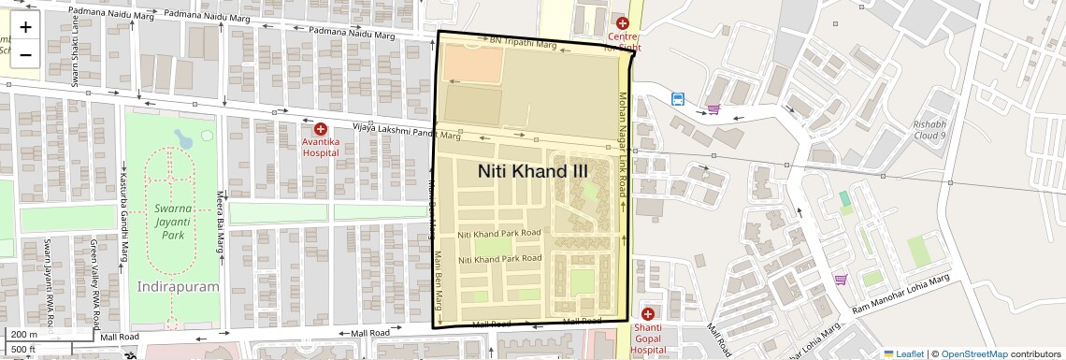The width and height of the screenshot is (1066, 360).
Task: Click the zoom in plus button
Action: coord(25,26)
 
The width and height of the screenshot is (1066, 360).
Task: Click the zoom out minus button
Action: coord(25,54)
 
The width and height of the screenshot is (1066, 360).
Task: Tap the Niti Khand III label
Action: coord(533,171)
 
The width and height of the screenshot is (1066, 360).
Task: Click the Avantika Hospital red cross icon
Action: coord(321,129)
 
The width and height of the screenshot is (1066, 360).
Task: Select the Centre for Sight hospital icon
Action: coord(623,22)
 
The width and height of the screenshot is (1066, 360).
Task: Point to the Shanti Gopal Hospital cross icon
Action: coord(648,313)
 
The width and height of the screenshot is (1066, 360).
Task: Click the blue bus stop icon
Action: coord(677,98)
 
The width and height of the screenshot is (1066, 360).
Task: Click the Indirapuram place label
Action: coord(178,286)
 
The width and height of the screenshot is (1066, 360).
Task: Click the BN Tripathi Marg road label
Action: coord(523,43)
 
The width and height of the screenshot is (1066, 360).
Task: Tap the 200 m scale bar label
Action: coord(24,334)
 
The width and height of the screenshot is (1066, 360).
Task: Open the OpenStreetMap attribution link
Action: coord(973,353)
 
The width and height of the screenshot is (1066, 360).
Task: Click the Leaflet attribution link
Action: coord(903,353)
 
